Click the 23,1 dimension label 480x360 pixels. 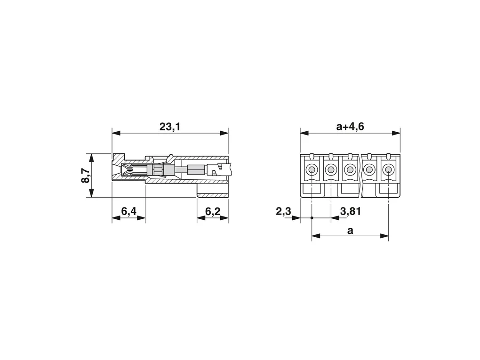pyautogui.click(x=170, y=127)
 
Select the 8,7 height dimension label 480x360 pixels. pyautogui.click(x=86, y=176)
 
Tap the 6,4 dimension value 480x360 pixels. pyautogui.click(x=128, y=211)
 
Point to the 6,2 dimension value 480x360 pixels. pyautogui.click(x=212, y=211)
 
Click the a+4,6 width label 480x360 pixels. pyautogui.click(x=350, y=127)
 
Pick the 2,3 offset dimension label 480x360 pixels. pyautogui.click(x=283, y=211)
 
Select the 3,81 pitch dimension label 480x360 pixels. pyautogui.click(x=351, y=211)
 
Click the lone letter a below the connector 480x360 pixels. pyautogui.click(x=350, y=230)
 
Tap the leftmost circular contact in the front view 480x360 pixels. pyautogui.click(x=312, y=169)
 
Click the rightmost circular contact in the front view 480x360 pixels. pyautogui.click(x=388, y=169)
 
